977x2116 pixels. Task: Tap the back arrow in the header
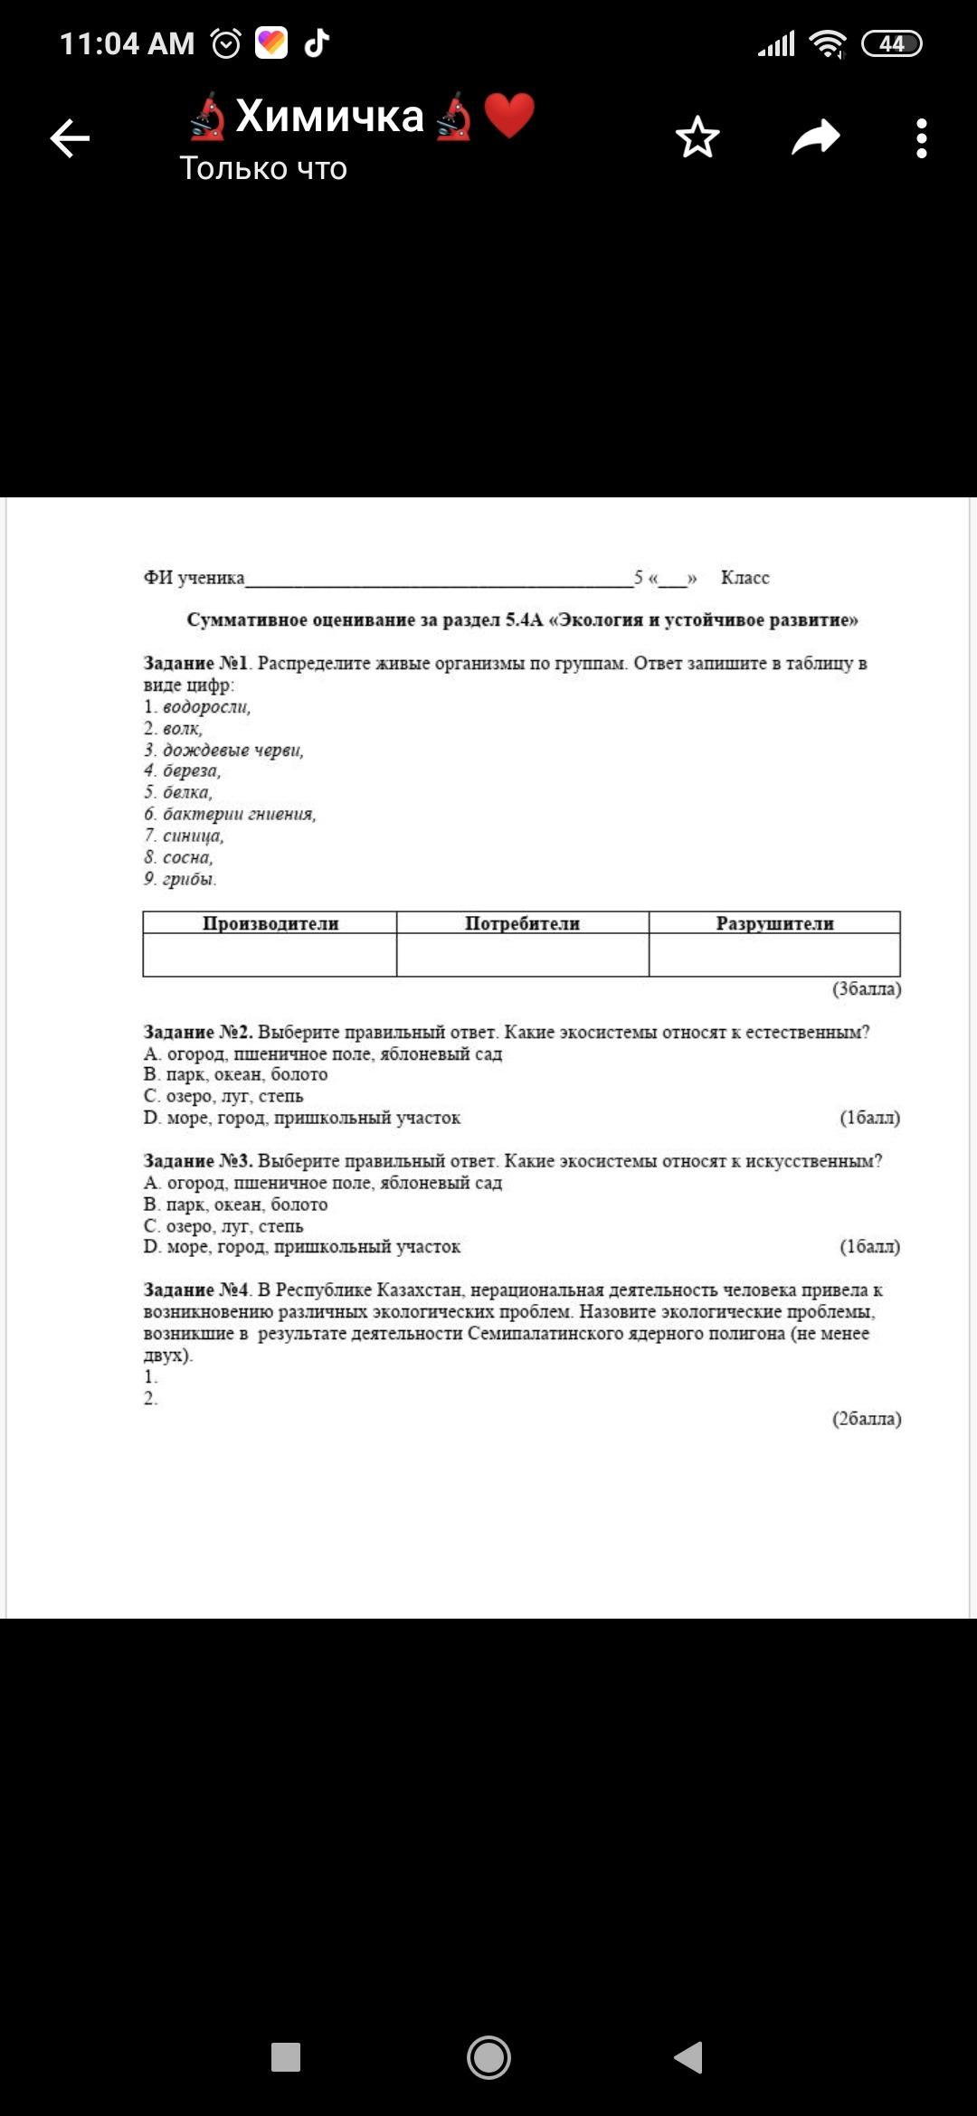click(x=70, y=138)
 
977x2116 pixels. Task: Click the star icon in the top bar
click(x=697, y=137)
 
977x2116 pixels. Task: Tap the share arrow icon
click(x=816, y=137)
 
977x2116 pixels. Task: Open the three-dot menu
click(x=921, y=138)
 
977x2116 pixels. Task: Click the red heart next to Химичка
click(x=509, y=116)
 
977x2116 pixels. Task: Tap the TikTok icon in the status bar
click(x=316, y=43)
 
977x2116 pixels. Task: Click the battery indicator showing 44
click(x=891, y=43)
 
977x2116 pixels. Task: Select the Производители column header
click(x=270, y=923)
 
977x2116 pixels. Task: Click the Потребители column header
click(x=522, y=923)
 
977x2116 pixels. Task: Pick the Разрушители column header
click(x=774, y=923)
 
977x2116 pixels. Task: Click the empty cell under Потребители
click(x=522, y=955)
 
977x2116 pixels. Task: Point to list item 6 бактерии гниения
click(x=230, y=814)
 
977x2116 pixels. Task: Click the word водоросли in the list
click(x=206, y=707)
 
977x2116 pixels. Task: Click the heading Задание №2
click(x=198, y=1032)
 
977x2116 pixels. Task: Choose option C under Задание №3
click(x=223, y=1226)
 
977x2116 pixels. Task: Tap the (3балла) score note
click(x=867, y=988)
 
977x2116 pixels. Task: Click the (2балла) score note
click(x=867, y=1419)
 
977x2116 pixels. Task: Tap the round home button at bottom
click(x=488, y=2057)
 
